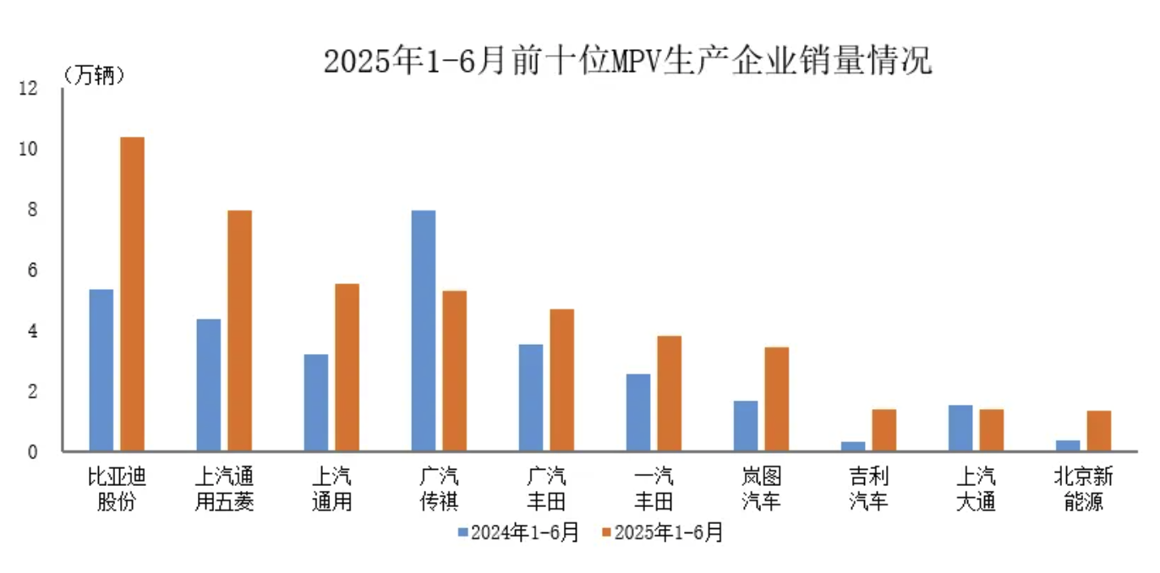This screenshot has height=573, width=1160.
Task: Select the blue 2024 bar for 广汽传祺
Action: tap(423, 330)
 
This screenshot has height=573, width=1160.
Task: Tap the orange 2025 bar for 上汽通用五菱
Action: tap(239, 330)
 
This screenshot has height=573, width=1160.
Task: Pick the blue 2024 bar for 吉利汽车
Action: tap(852, 446)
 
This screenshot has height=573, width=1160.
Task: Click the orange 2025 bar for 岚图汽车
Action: tap(776, 399)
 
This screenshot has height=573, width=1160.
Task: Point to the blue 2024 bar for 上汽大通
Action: tap(960, 428)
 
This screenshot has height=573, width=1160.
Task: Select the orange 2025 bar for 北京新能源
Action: tap(1098, 431)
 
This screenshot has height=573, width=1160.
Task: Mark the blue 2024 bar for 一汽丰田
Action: tap(637, 412)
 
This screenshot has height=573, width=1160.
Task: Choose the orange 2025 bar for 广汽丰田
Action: tap(561, 380)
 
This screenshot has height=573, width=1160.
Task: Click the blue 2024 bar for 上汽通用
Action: tap(315, 402)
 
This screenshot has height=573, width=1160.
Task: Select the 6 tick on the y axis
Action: tap(33, 270)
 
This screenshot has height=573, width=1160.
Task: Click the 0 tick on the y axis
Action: tap(33, 452)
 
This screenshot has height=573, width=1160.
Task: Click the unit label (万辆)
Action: tap(94, 75)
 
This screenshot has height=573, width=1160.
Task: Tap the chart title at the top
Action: tap(627, 61)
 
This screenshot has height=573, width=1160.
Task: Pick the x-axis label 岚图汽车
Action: tap(761, 489)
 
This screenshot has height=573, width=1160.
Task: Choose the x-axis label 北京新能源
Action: tap(1085, 489)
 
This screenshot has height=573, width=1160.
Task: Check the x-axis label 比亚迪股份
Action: tap(117, 489)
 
